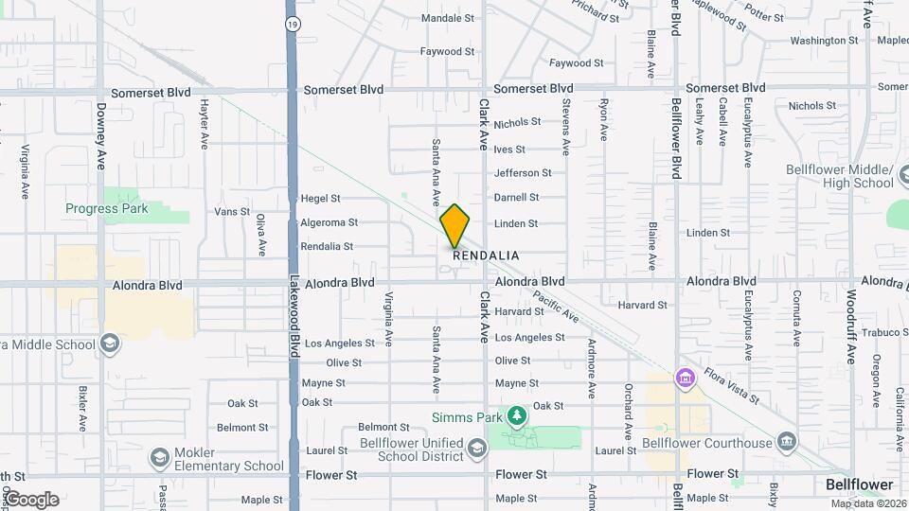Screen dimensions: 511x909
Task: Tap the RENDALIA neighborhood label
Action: tap(486, 256)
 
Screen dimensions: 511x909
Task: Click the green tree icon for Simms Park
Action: tap(516, 415)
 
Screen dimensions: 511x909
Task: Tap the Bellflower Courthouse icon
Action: tap(785, 442)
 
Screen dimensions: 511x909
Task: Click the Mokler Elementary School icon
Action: tap(160, 459)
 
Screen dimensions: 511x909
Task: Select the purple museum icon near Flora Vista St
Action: tap(685, 379)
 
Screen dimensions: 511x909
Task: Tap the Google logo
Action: tap(31, 500)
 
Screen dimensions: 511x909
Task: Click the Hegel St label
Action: tap(320, 199)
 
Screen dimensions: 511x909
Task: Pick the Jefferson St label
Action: tap(523, 173)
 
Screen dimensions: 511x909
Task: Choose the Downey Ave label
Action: tap(100, 136)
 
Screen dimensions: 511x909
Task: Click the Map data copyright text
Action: tap(864, 502)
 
